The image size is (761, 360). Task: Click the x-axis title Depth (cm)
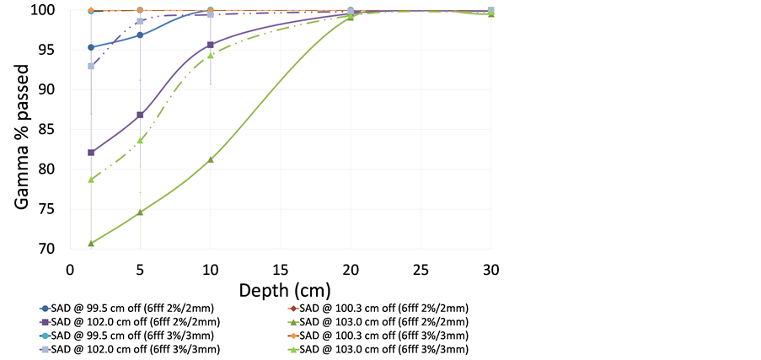[281, 291]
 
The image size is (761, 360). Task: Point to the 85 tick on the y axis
[55, 129]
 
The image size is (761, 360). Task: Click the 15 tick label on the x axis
[281, 269]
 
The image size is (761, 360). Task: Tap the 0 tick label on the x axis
[71, 269]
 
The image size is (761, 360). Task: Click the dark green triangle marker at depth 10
[211, 159]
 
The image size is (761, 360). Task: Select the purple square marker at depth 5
[140, 115]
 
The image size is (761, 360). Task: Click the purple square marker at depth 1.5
[91, 153]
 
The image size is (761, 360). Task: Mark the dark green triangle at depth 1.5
[91, 244]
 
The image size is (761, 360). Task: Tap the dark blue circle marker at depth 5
[140, 35]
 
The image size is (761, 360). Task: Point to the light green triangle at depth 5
[140, 140]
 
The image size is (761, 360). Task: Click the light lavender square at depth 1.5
[91, 66]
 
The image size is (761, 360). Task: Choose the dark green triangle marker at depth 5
[140, 212]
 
